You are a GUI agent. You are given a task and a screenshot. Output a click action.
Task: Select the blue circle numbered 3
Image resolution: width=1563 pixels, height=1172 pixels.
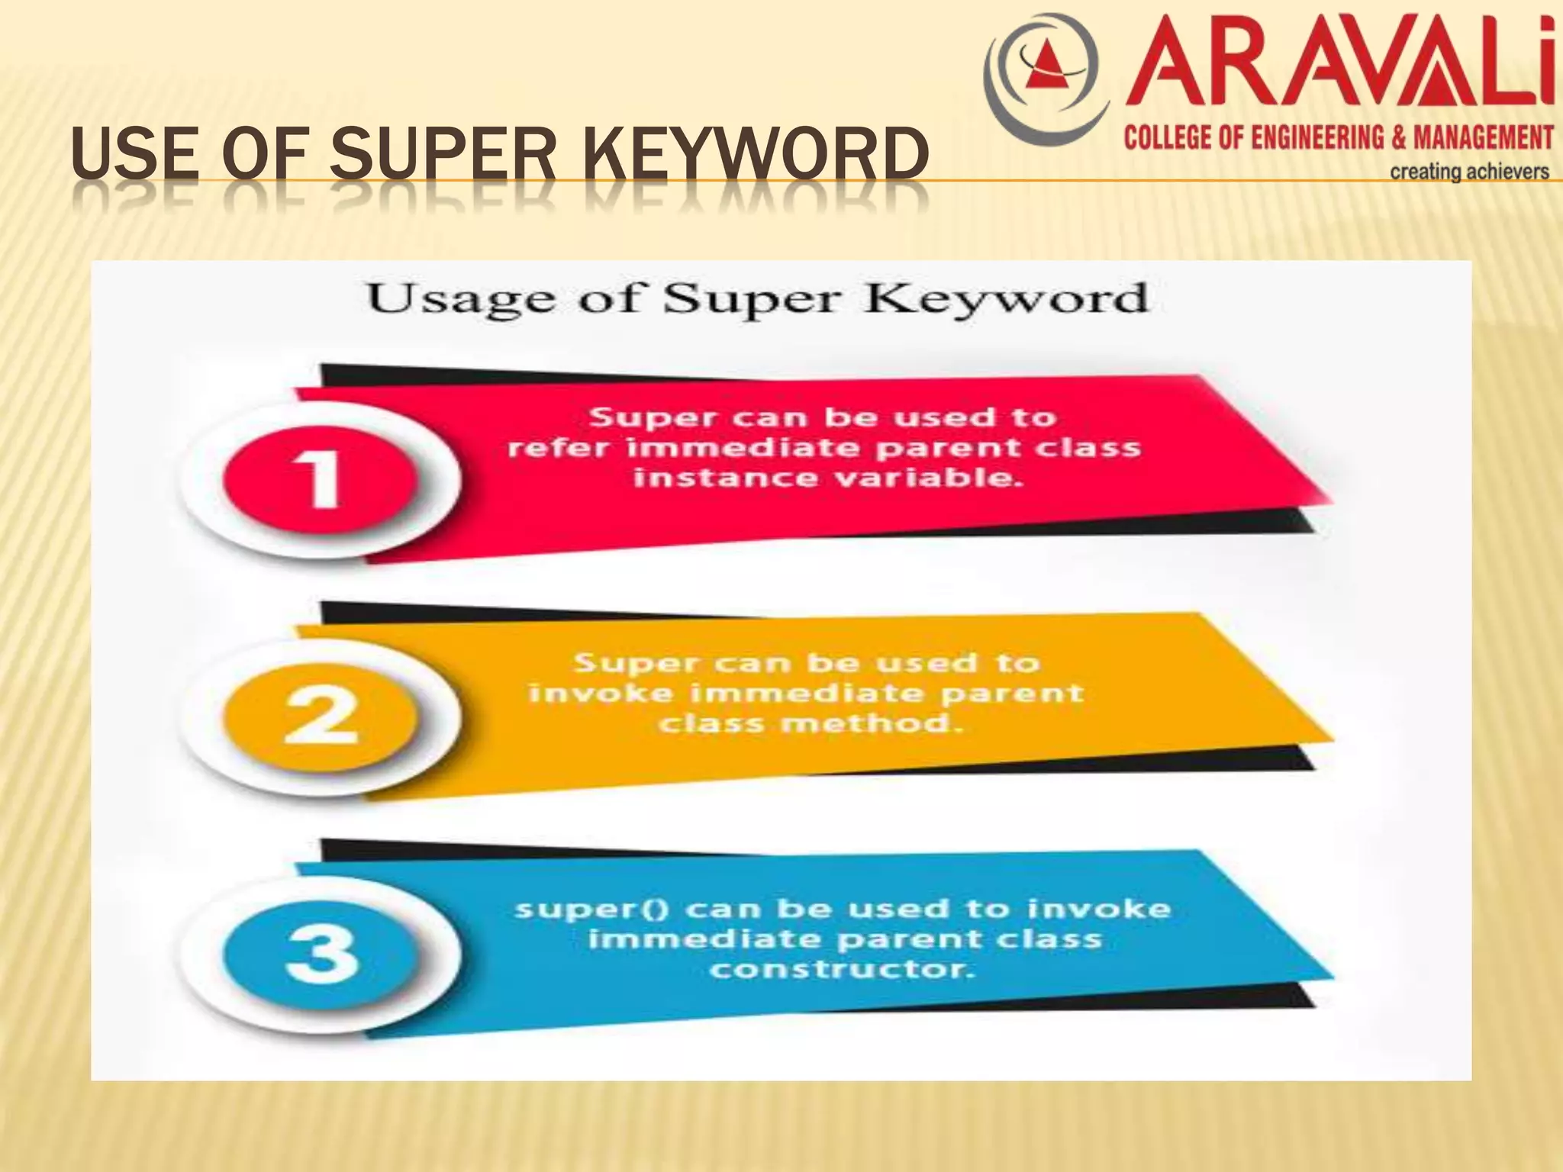point(321,954)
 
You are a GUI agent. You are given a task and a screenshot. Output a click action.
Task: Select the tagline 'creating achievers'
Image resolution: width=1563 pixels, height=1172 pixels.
point(1469,172)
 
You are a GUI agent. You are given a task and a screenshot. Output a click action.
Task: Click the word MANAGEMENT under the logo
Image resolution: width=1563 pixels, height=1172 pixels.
point(1483,138)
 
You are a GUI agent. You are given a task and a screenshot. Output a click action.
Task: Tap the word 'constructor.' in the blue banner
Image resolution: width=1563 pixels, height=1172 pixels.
point(843,970)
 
